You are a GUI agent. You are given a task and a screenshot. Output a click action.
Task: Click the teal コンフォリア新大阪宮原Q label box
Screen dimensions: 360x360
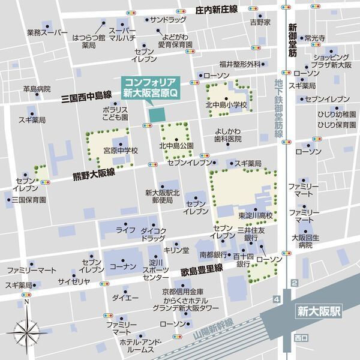[151, 88]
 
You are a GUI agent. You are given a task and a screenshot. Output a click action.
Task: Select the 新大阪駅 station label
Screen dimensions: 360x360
[319, 311]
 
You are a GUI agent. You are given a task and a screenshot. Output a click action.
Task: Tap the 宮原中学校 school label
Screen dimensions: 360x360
[121, 151]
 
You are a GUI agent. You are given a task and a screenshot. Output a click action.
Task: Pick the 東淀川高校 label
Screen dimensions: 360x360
[255, 215]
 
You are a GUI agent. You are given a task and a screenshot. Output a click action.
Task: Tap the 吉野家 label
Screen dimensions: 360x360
[260, 22]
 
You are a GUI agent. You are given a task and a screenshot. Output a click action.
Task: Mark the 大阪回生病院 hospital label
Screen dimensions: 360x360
[306, 241]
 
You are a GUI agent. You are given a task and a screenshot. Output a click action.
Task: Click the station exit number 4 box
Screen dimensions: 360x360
[276, 298]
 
